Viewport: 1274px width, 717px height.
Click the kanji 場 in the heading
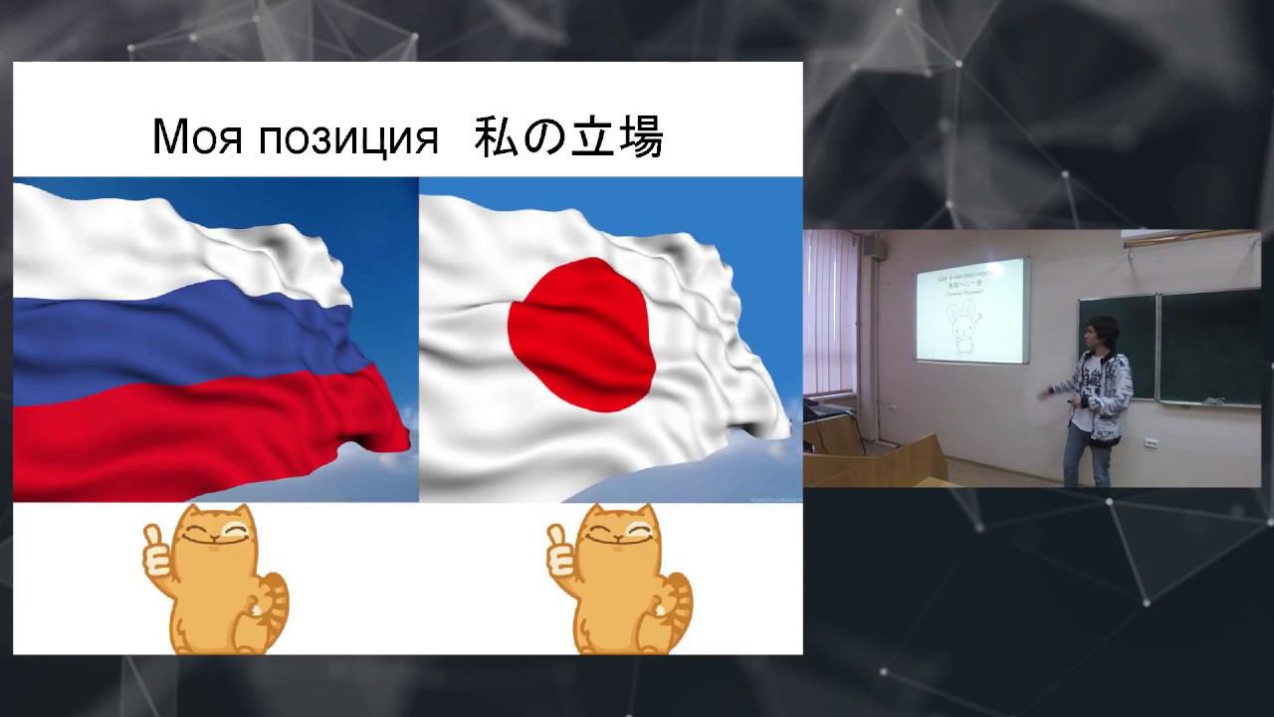(642, 138)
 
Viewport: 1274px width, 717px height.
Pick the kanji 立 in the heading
(598, 138)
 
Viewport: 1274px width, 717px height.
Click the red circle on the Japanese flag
(581, 334)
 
